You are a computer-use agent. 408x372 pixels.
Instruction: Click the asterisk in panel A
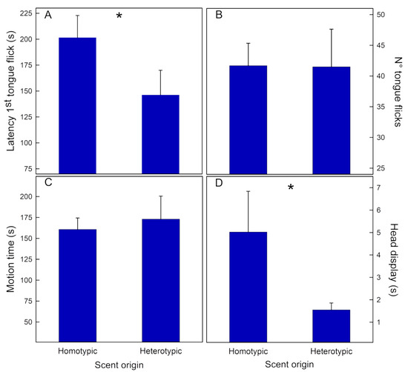(x=119, y=16)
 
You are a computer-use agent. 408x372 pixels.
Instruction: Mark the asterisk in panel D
(x=291, y=189)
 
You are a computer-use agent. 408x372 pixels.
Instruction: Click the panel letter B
(x=219, y=15)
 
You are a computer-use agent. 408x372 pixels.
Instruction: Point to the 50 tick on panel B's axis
(x=381, y=15)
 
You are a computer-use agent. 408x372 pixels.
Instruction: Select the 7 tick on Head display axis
(x=378, y=188)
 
